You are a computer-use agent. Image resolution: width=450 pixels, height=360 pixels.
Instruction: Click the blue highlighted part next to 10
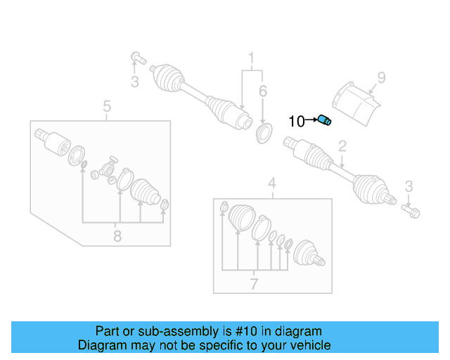(x=324, y=120)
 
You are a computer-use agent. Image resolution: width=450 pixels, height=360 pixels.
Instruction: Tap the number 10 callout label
(x=297, y=122)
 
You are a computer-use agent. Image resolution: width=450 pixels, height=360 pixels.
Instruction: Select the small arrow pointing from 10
(x=311, y=121)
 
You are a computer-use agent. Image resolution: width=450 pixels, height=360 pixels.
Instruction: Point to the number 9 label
(x=381, y=78)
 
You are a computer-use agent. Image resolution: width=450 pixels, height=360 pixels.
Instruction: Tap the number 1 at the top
(x=250, y=57)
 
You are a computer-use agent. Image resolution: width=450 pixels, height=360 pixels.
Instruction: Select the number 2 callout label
(x=342, y=147)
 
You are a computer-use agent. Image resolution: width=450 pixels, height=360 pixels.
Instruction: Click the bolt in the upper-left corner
(x=136, y=58)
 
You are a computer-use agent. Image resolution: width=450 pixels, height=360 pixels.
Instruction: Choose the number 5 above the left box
(x=107, y=106)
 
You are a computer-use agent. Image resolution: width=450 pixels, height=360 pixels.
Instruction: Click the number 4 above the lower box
(x=271, y=185)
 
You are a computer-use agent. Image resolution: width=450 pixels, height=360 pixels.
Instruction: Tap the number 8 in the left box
(x=117, y=236)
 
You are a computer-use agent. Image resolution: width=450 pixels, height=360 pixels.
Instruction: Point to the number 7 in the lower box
(x=254, y=284)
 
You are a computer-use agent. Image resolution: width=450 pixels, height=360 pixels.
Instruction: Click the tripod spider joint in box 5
(x=108, y=170)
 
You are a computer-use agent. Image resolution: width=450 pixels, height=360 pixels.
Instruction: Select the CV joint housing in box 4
(x=308, y=255)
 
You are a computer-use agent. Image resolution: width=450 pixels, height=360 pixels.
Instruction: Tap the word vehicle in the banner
(x=309, y=345)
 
